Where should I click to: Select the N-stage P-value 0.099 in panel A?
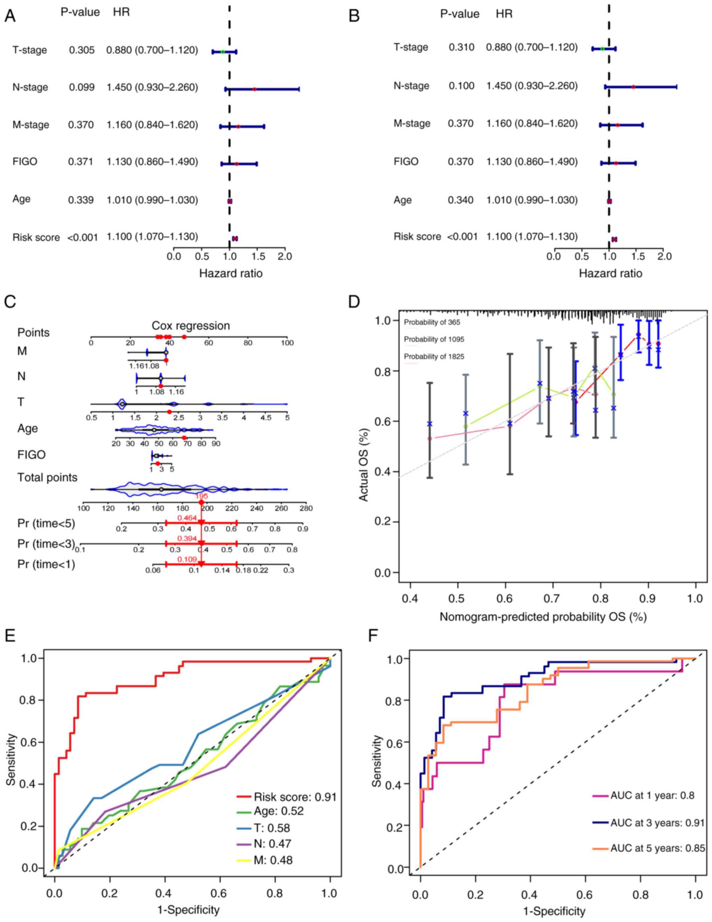82,87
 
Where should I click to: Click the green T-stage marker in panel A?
222,52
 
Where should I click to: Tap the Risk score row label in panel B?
417,237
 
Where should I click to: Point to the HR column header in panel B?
504,14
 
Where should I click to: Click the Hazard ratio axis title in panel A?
231,273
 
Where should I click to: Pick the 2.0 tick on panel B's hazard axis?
664,256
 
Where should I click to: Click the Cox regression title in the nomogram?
191,325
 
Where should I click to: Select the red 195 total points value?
202,496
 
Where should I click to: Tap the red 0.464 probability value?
187,517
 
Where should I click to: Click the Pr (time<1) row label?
46,564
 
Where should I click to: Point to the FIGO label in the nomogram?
31,455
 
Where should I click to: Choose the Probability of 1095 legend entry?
434,339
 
